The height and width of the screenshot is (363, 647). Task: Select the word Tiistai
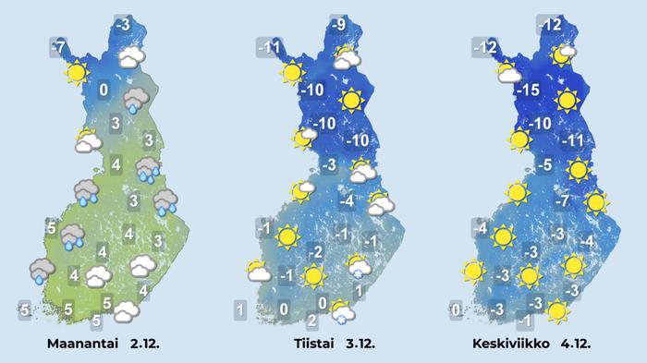point(310,344)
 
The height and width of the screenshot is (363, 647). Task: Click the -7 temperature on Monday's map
point(58,45)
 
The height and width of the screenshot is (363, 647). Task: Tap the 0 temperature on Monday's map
point(104,90)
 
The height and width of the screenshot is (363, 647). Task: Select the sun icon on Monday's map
point(77,72)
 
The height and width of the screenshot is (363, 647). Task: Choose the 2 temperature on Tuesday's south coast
point(311,321)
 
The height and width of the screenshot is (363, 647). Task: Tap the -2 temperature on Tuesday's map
point(315,251)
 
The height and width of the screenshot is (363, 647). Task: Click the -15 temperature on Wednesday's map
point(527,91)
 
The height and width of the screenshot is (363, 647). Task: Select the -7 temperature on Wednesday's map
point(560,201)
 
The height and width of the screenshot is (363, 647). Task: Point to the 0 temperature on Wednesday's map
point(455,309)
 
